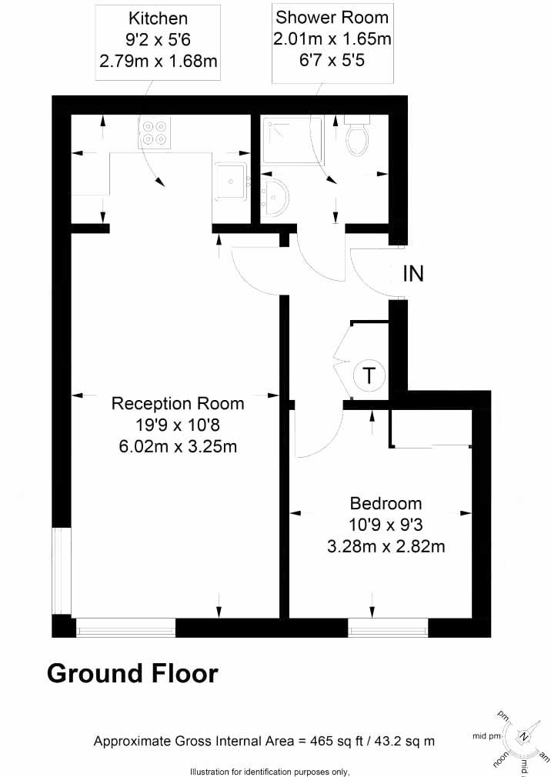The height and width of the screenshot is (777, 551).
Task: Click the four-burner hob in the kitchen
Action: tap(153, 133)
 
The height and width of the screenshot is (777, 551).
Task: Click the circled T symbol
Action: tap(369, 376)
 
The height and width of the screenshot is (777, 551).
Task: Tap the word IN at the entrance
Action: tap(413, 274)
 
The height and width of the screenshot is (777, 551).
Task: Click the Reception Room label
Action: tap(178, 403)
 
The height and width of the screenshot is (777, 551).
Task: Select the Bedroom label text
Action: tap(386, 504)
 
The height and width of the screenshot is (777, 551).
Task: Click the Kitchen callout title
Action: tap(158, 16)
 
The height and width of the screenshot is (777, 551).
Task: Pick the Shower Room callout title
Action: tap(332, 16)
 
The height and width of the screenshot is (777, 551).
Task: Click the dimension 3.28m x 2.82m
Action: tap(387, 547)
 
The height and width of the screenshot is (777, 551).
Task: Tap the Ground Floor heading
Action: tap(133, 673)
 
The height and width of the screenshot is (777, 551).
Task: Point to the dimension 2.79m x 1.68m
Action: tap(158, 58)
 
